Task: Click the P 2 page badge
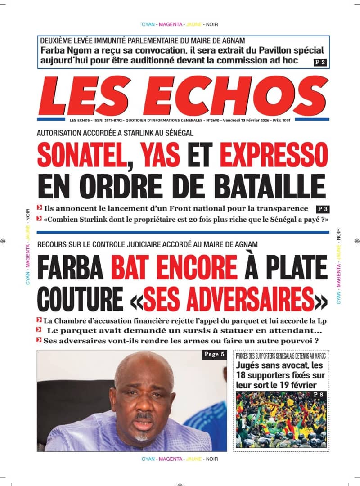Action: pos(320,62)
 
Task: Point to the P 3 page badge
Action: pos(322,209)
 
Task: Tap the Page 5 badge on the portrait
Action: pos(214,355)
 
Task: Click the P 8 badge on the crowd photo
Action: pos(319,395)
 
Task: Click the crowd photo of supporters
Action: pos(281,418)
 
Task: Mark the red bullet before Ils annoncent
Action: pos(40,208)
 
